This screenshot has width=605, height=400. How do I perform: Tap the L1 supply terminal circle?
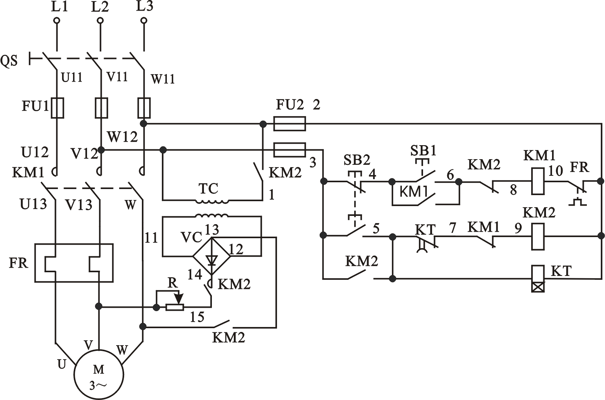point(57,20)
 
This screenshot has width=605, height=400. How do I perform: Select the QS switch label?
point(9,60)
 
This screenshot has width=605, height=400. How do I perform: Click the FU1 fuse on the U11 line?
point(57,108)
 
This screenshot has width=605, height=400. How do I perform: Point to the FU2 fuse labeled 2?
point(289,124)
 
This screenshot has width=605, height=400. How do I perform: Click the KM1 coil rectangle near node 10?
point(538,181)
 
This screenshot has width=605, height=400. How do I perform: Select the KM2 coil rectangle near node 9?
point(538,236)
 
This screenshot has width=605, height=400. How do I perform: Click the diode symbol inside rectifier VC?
point(212,259)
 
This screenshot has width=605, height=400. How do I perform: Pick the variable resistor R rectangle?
point(175,307)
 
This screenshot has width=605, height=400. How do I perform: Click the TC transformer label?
point(208,188)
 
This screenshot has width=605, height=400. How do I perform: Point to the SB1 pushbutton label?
point(423,150)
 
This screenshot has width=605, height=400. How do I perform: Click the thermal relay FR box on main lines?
point(74,263)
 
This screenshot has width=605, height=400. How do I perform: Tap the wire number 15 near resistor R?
point(197,317)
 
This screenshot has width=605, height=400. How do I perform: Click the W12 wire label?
point(122,136)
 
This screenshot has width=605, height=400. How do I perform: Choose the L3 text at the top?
point(145,6)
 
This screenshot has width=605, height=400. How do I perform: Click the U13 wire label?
point(33,204)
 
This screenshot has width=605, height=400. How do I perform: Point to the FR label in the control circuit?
point(579,167)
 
